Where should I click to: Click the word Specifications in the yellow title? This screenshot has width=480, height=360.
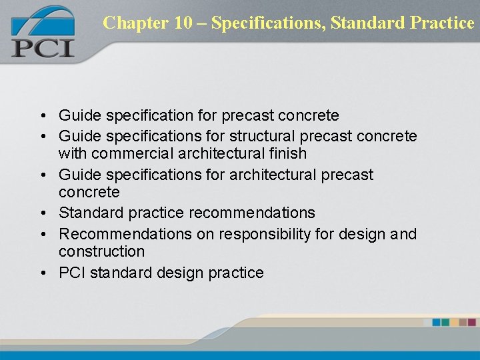[271, 23]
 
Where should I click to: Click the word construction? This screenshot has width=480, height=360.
[101, 251]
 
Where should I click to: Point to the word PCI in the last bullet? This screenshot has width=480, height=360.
[71, 273]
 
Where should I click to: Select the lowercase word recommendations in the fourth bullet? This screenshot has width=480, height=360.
[252, 213]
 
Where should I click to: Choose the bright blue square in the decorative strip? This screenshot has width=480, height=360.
[436, 322]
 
